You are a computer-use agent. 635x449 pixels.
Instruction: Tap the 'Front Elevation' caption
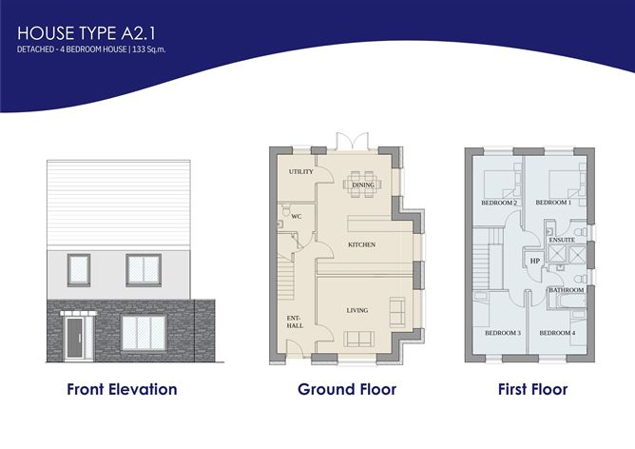pyautogui.click(x=122, y=389)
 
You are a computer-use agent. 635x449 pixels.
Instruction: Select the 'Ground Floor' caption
pyautogui.click(x=346, y=389)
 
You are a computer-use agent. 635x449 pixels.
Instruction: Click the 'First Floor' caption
pyautogui.click(x=532, y=389)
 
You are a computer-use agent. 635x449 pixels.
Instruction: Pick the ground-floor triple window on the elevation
pyautogui.click(x=144, y=334)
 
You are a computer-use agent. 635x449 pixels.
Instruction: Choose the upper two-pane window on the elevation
pyautogui.click(x=143, y=269)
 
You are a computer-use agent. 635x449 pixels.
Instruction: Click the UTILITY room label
pyautogui.click(x=300, y=172)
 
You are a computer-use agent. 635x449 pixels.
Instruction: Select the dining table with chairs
pyautogui.click(x=361, y=183)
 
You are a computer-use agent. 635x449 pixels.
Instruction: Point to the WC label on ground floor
pyautogui.click(x=296, y=216)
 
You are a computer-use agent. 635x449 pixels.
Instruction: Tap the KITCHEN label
pyautogui.click(x=361, y=244)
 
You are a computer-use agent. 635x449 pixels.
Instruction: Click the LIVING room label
pyautogui.click(x=357, y=311)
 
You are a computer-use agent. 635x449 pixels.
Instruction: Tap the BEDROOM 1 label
pyautogui.click(x=552, y=203)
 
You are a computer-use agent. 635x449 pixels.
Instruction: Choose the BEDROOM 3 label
pyautogui.click(x=502, y=333)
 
